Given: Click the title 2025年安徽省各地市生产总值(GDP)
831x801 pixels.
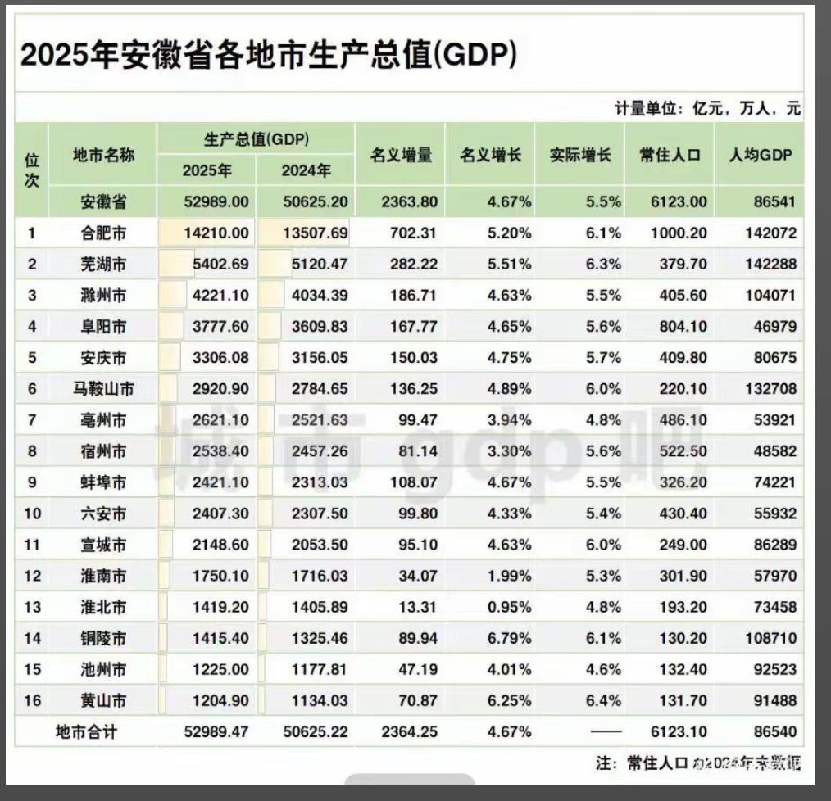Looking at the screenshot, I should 268,56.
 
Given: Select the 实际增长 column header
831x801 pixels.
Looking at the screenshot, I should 579,154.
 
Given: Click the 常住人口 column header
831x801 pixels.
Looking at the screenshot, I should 670,154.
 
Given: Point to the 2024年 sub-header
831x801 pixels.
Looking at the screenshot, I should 306,171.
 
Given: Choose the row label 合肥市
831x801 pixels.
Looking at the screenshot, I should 102,233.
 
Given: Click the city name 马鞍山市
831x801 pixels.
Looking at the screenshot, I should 102,388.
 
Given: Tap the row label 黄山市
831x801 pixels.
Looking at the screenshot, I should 102,700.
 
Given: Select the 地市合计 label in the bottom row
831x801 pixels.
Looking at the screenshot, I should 86,731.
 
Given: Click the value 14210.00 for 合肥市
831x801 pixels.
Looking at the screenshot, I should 216,233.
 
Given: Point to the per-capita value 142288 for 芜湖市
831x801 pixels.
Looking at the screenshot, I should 766,265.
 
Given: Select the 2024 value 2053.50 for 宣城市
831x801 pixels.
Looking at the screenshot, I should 320,545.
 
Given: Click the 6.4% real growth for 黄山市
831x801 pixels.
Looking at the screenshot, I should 602,700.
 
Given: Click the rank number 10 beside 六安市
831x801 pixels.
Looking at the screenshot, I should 32,514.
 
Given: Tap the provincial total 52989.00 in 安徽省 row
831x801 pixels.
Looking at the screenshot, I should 216,201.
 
